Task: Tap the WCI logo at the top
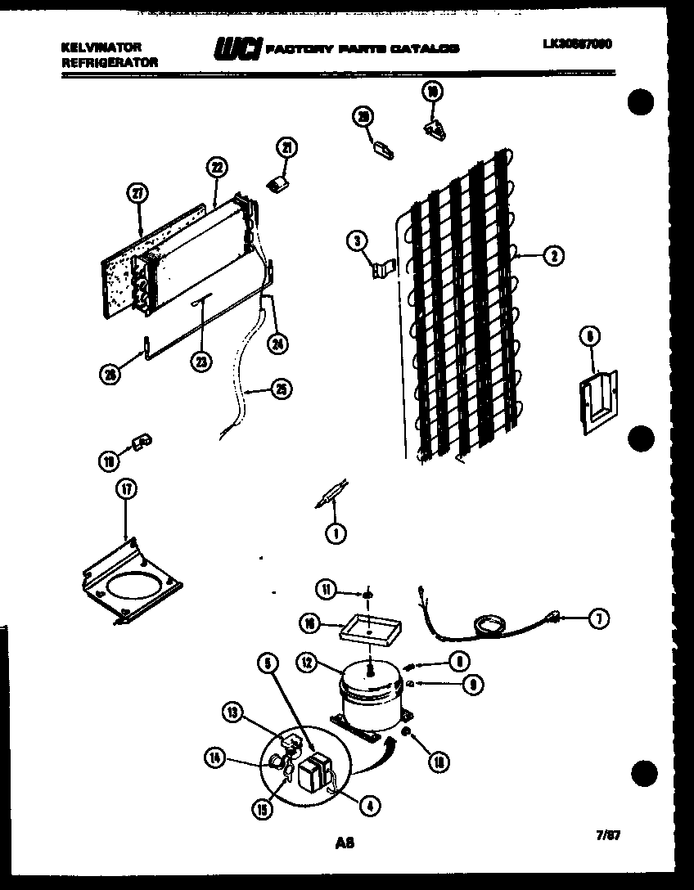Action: coord(237,49)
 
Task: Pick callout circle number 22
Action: coord(215,168)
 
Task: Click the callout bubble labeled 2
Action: coord(554,256)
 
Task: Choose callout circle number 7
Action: coord(598,619)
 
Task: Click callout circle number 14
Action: coord(215,760)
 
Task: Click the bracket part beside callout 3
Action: coord(382,271)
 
